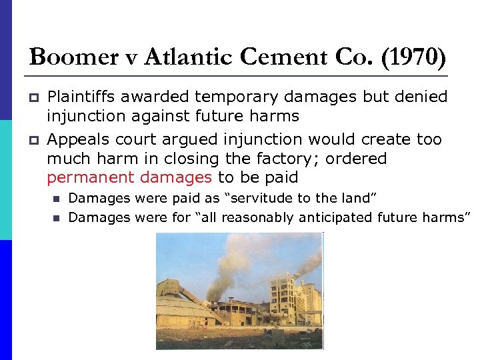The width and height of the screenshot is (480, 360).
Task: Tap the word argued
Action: coord(195,140)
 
